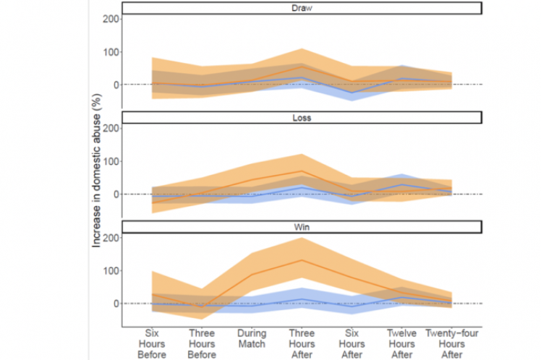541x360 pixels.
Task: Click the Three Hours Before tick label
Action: coord(201,344)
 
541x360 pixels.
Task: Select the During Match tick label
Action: coord(251,338)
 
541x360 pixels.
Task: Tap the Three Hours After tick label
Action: coord(302,344)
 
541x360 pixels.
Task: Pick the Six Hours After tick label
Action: coord(352,344)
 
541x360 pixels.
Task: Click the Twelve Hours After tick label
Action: coord(402,344)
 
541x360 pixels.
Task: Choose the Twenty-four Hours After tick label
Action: coord(452,344)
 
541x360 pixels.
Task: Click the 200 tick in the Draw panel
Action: coord(110,18)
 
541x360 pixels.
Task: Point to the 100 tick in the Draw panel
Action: coord(110,52)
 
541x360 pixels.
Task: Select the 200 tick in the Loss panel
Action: coord(110,128)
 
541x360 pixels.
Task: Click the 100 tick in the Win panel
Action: coord(110,271)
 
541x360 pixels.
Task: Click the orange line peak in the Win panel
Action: coord(302,260)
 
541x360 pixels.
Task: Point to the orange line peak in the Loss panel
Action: coord(302,171)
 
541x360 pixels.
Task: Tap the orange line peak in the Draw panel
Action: coord(302,67)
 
